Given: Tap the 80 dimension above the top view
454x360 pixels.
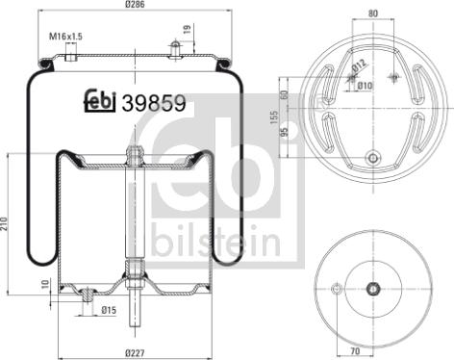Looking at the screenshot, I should point(371,14).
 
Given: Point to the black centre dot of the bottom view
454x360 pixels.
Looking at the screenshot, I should point(372,288).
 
